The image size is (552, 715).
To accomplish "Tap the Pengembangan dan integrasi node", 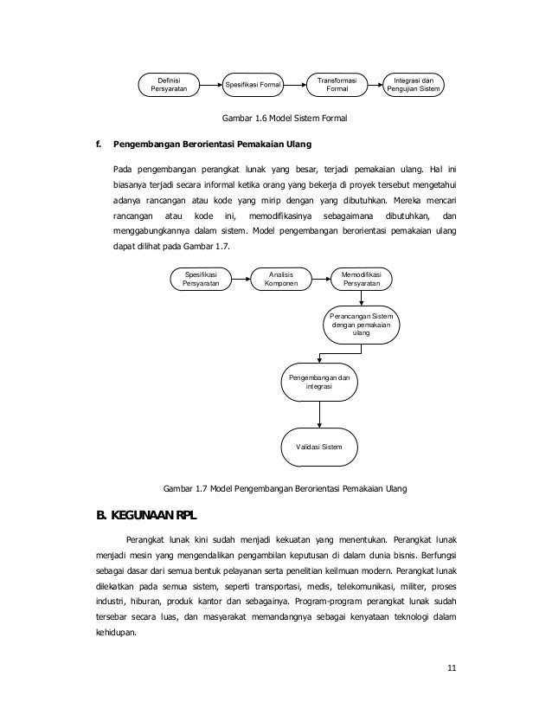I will click(321, 384).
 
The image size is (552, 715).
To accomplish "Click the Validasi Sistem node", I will click(321, 447).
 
